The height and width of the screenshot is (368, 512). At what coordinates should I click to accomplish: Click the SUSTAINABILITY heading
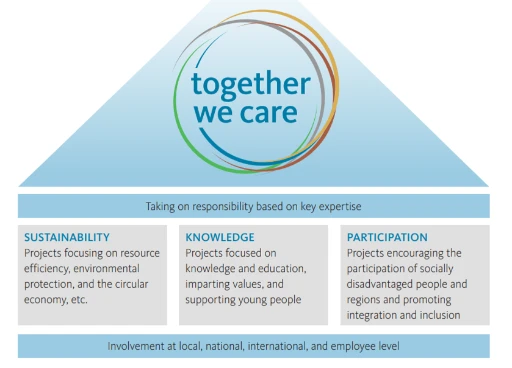tap(67, 238)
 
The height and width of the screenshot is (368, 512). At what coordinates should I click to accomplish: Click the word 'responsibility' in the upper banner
tap(244, 207)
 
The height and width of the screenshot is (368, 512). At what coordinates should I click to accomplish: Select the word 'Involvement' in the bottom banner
tap(136, 346)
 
